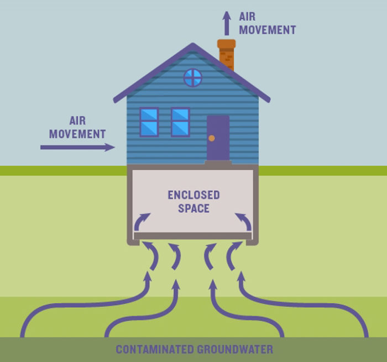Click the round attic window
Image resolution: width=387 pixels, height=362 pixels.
point(192,78)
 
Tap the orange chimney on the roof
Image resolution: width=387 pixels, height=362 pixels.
point(227,56)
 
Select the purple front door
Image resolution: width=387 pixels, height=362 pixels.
point(218,138)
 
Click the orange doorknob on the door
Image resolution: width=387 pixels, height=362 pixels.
point(211,138)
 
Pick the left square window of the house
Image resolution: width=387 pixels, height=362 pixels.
point(149,122)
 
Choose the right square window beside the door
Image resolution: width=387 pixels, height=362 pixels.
point(180,122)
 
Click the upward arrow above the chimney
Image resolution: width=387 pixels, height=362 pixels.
point(227,23)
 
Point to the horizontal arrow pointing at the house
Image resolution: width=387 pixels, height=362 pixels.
point(77,147)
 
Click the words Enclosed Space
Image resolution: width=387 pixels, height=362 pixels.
point(193,202)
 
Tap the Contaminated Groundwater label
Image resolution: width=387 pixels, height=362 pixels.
point(194,350)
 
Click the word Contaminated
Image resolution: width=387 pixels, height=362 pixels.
point(155,350)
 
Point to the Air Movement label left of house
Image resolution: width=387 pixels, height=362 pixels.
point(77,127)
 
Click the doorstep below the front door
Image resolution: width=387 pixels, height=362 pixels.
point(218,163)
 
